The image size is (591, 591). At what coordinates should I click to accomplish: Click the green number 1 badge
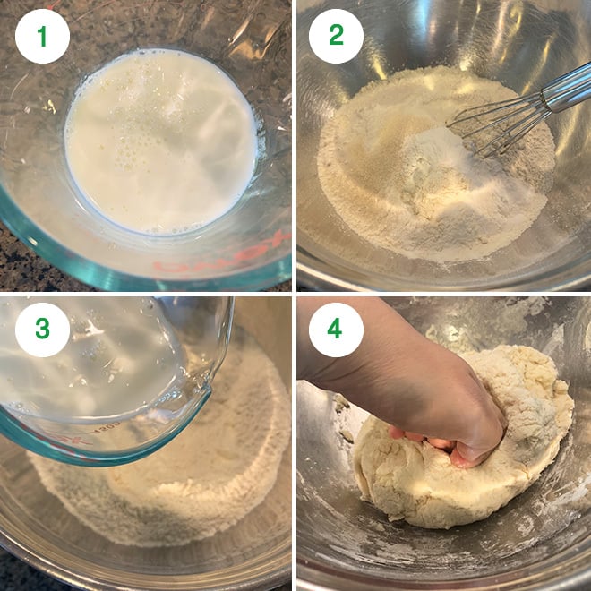(x=42, y=36)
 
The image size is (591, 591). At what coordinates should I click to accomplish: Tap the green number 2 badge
(x=336, y=36)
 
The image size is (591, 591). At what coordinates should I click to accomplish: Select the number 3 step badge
(x=42, y=329)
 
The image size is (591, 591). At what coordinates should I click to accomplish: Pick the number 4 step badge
(x=336, y=329)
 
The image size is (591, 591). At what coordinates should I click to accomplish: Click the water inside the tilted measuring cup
(x=98, y=358)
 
